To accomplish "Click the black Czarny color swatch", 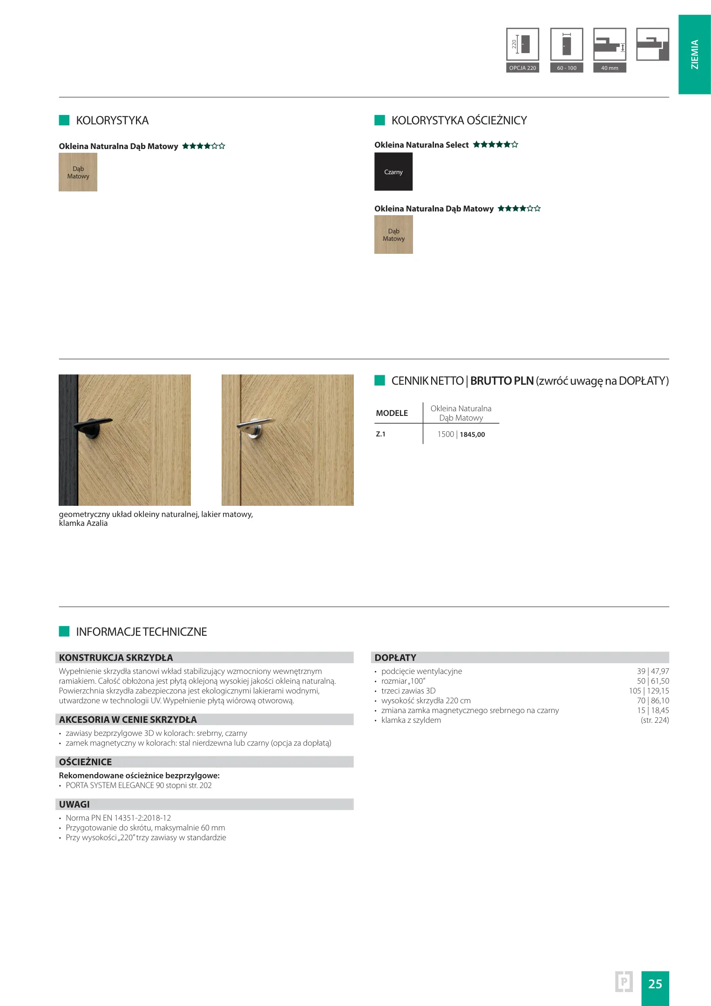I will pyautogui.click(x=393, y=171).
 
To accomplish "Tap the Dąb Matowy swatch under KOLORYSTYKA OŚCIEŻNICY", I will pyautogui.click(x=393, y=234).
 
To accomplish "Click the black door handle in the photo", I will pyautogui.click(x=93, y=426).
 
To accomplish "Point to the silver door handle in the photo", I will pyautogui.click(x=254, y=426).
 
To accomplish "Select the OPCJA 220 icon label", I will pyautogui.click(x=522, y=68).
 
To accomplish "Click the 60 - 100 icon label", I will pyautogui.click(x=567, y=68).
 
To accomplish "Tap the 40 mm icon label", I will pyautogui.click(x=609, y=68).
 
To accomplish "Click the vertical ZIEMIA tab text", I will pyautogui.click(x=695, y=54).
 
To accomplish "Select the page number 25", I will pyautogui.click(x=655, y=984).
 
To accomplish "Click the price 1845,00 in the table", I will pyautogui.click(x=472, y=435).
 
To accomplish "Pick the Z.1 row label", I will pyautogui.click(x=381, y=434).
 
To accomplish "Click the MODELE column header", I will pyautogui.click(x=392, y=413).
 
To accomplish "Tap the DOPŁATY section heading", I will pyautogui.click(x=395, y=658).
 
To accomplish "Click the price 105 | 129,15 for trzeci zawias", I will pyautogui.click(x=649, y=691).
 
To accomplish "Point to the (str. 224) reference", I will pyautogui.click(x=655, y=720).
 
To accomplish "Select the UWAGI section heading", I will pyautogui.click(x=74, y=804).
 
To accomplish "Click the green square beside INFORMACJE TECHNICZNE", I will pyautogui.click(x=64, y=632).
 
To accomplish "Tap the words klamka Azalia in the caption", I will pyautogui.click(x=83, y=523).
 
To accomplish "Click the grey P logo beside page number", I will pyautogui.click(x=623, y=982).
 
